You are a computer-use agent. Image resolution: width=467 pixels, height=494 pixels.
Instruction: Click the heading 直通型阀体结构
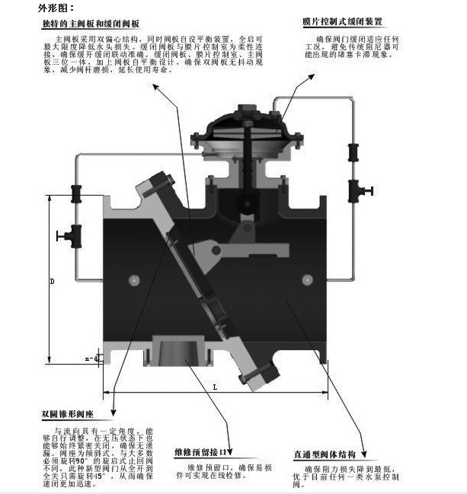[328, 454]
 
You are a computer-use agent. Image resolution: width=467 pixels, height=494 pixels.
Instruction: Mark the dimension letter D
[53, 282]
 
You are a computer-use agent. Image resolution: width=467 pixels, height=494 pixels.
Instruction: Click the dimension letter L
[215, 387]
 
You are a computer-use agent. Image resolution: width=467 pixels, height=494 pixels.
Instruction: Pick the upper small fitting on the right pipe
[354, 151]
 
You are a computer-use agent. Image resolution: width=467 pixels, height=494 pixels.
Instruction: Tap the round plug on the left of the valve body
[133, 280]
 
